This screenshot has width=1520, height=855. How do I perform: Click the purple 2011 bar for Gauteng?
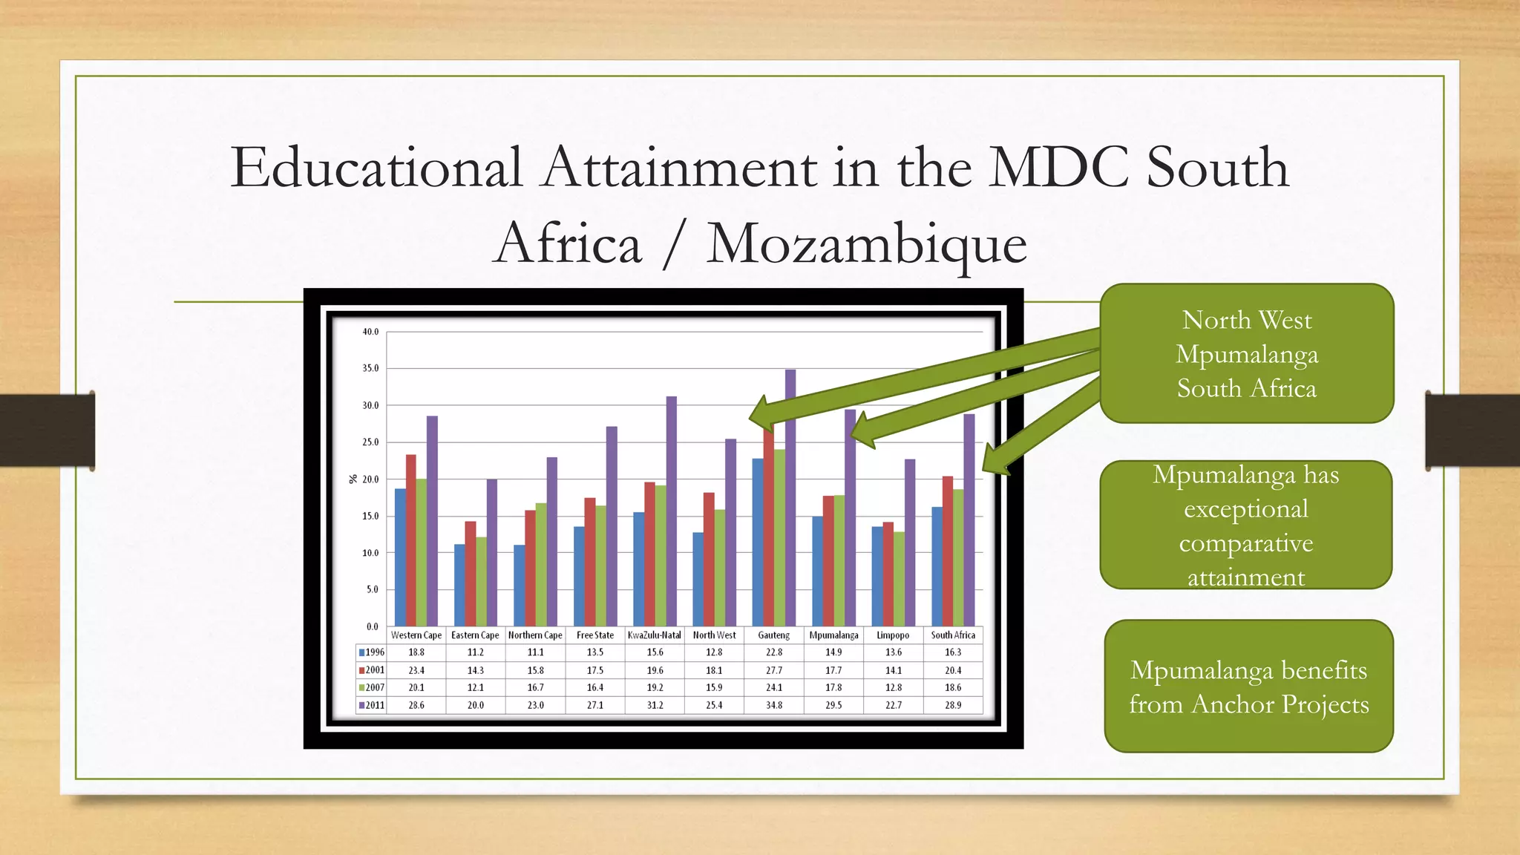790,497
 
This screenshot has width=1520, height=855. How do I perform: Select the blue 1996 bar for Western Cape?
400,557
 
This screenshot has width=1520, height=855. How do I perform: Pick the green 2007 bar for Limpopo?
900,579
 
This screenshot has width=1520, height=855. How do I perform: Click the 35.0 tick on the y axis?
370,368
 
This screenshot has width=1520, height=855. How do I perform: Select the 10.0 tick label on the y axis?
370,553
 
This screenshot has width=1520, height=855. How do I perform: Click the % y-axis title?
353,479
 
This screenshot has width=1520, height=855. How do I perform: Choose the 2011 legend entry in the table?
372,705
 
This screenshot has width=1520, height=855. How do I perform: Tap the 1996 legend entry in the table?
372,652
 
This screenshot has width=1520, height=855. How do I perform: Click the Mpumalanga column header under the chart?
833,635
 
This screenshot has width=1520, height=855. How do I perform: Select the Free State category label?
595,635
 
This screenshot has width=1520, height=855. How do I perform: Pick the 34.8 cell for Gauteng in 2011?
774,705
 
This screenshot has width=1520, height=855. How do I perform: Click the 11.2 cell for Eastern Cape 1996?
476,652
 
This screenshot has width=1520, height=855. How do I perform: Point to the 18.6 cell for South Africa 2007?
953,687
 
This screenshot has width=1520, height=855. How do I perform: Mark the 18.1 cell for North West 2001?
714,670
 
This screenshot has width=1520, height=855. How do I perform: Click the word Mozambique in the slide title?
866,243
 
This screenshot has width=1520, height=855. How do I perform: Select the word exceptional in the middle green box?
1246,509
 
